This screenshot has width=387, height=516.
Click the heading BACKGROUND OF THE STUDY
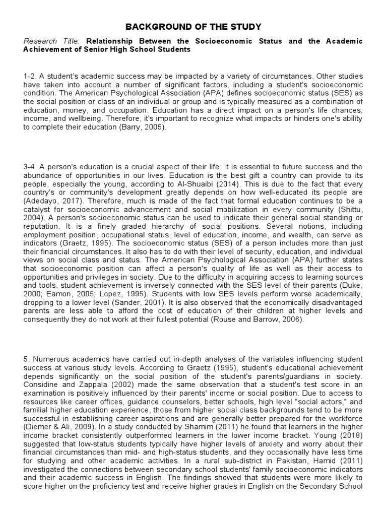point(193,26)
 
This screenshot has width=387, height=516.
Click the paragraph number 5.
point(26,359)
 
